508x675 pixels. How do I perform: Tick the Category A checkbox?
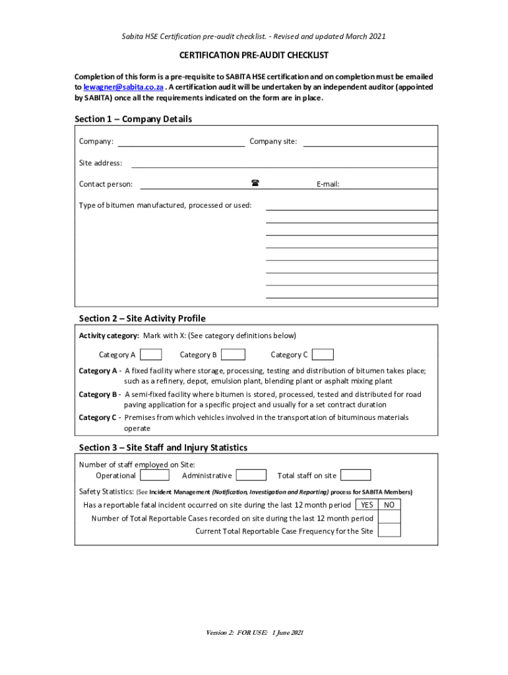click(151, 355)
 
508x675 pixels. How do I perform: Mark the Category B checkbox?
click(234, 355)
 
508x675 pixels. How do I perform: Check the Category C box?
click(323, 355)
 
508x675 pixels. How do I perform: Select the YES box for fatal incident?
click(367, 505)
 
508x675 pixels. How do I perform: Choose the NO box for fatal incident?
click(389, 505)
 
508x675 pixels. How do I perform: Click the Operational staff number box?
click(155, 475)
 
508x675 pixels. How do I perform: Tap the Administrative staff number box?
click(251, 475)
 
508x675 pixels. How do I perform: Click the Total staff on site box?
click(356, 475)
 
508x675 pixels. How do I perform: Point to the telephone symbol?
click(255, 183)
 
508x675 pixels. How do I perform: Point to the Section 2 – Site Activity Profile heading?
click(142, 318)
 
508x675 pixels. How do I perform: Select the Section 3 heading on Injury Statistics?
click(163, 448)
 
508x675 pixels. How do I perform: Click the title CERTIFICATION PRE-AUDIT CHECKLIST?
click(254, 55)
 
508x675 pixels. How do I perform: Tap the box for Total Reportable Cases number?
click(389, 518)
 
